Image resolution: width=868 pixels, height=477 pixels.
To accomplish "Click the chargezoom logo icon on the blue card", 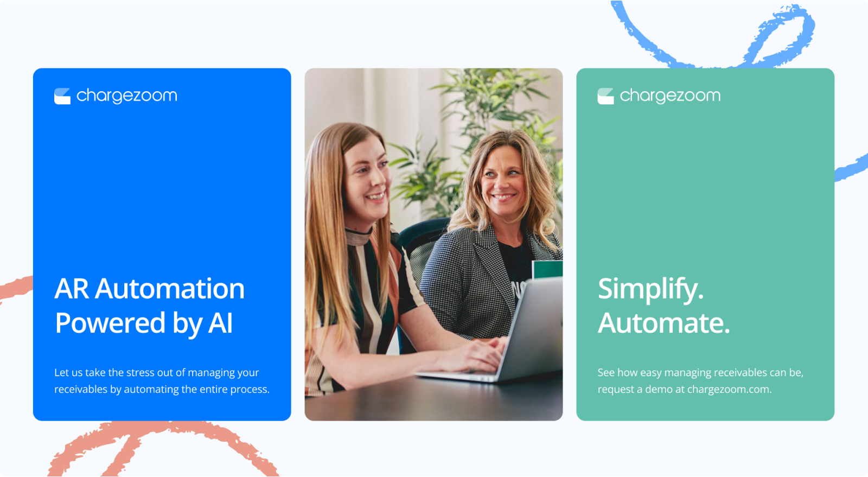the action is (x=62, y=96).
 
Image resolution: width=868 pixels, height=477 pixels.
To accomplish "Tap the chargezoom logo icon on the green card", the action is (x=605, y=96).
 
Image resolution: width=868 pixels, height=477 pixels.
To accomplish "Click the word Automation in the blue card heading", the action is (x=170, y=289).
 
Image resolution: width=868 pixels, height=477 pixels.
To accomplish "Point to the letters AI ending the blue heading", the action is (x=220, y=323).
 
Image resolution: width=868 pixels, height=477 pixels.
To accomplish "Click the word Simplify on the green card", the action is (x=650, y=290).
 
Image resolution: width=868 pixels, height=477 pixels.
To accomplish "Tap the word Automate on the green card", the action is (x=664, y=323).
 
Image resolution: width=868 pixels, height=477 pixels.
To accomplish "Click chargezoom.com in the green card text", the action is (x=729, y=389).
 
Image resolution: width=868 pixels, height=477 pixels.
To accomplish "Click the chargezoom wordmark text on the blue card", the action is (x=127, y=96).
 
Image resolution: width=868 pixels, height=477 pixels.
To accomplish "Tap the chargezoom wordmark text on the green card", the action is (x=670, y=96).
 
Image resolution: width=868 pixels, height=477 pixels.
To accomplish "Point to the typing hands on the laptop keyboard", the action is (x=477, y=353).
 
